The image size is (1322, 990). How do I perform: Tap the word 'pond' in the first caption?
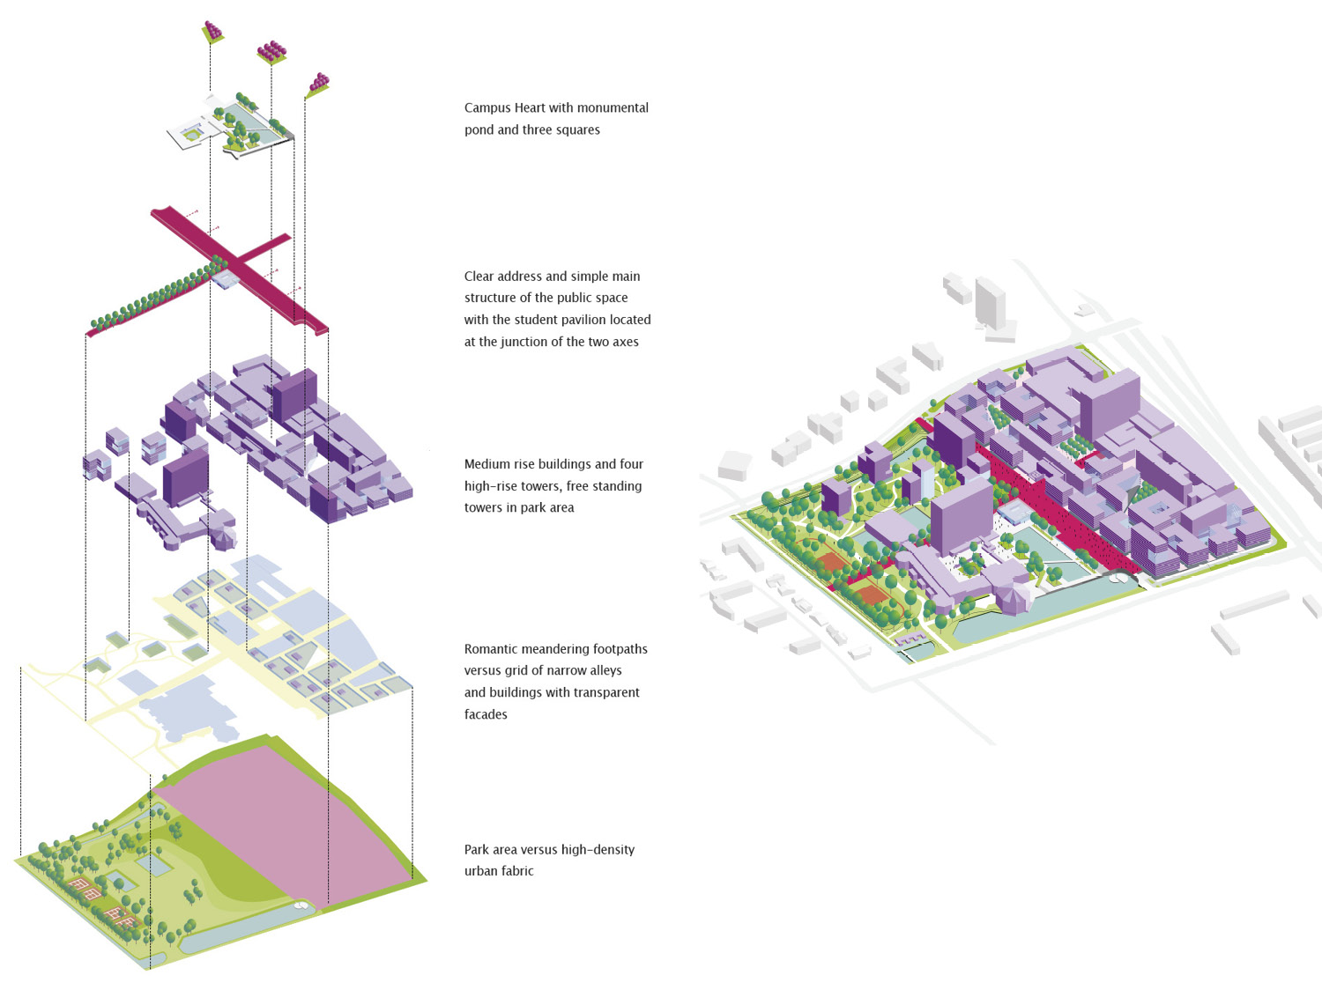coord(479,130)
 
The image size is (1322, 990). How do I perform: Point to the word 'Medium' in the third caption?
coord(487,464)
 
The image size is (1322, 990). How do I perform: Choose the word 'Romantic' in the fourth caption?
coord(491,649)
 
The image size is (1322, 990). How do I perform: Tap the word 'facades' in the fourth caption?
coord(486,714)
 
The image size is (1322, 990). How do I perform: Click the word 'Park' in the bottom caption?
coord(477,850)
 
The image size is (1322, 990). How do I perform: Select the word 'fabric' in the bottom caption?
coord(517,871)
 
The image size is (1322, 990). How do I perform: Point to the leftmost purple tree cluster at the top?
coord(212,32)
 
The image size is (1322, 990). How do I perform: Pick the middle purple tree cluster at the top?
coord(271,51)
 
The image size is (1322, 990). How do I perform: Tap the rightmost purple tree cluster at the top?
coord(318,84)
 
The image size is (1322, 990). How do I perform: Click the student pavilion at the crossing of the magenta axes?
coord(226,279)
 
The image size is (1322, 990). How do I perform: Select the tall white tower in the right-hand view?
coord(991,304)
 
